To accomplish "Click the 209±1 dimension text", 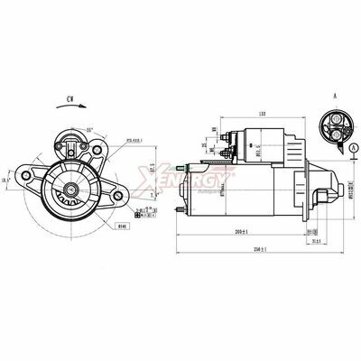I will (241, 233).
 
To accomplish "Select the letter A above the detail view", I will (335, 93).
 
